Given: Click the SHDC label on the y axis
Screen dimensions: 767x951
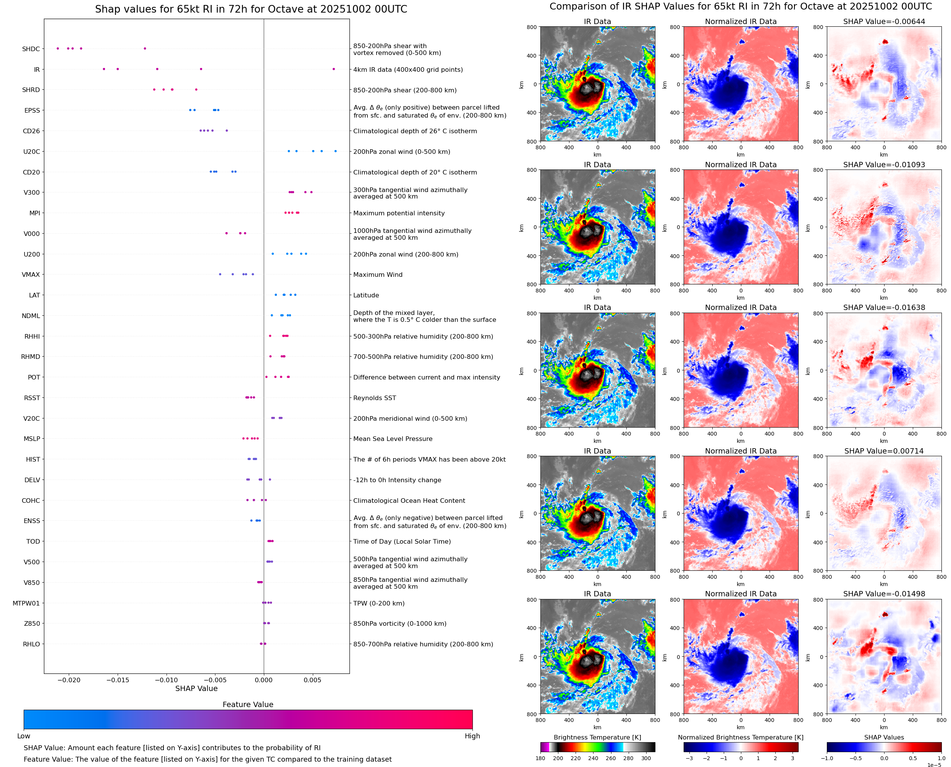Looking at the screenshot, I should [31, 49].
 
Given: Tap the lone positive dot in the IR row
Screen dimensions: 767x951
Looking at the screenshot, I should [334, 69].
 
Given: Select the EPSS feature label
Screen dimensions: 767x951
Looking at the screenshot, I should [32, 110].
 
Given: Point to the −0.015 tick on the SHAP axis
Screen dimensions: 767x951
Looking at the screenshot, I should [118, 680].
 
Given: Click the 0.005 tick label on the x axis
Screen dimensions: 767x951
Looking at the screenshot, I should [312, 680].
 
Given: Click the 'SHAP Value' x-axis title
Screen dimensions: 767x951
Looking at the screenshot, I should [196, 688].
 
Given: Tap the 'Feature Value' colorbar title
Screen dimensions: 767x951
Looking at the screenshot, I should [248, 704].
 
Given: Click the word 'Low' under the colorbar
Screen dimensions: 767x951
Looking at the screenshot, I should [23, 736].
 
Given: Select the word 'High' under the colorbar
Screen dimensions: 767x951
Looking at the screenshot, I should [472, 736].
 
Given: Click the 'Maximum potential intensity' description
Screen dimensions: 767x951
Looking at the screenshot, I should [399, 213].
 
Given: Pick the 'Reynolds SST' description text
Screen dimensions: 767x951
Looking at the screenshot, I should [374, 398].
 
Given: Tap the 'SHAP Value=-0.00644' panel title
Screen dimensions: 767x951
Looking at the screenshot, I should [884, 21].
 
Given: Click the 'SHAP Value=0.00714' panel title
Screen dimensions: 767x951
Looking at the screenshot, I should [884, 451].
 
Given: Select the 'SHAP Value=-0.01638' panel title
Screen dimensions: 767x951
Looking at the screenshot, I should [884, 307].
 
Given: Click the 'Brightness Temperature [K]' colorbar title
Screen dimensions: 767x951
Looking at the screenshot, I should [597, 737].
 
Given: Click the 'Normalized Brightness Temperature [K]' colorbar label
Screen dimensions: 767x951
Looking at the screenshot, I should [741, 737].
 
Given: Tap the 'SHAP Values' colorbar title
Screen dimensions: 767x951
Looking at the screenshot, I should [884, 737].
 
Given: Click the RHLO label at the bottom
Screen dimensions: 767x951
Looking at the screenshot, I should [31, 644].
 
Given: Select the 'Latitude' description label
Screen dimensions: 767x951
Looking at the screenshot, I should [366, 295].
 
